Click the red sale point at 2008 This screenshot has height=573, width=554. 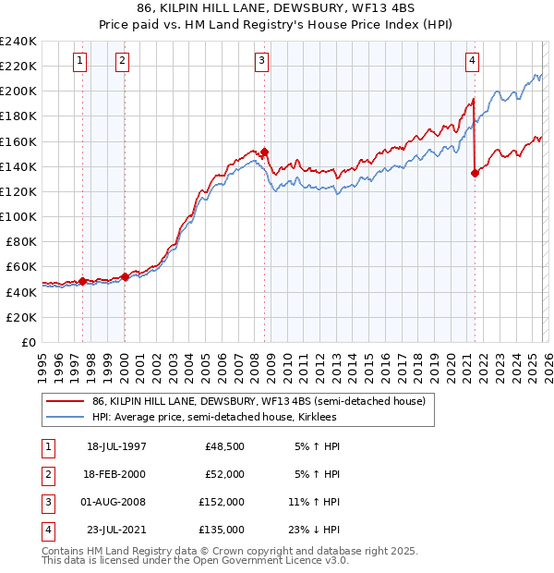click(x=264, y=152)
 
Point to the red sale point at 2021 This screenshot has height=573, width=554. click(x=475, y=172)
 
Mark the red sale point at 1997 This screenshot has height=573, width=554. click(x=82, y=281)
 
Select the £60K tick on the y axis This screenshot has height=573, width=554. click(x=21, y=267)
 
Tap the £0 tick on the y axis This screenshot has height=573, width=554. click(x=30, y=342)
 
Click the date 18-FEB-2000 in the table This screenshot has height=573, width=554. click(x=116, y=474)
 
